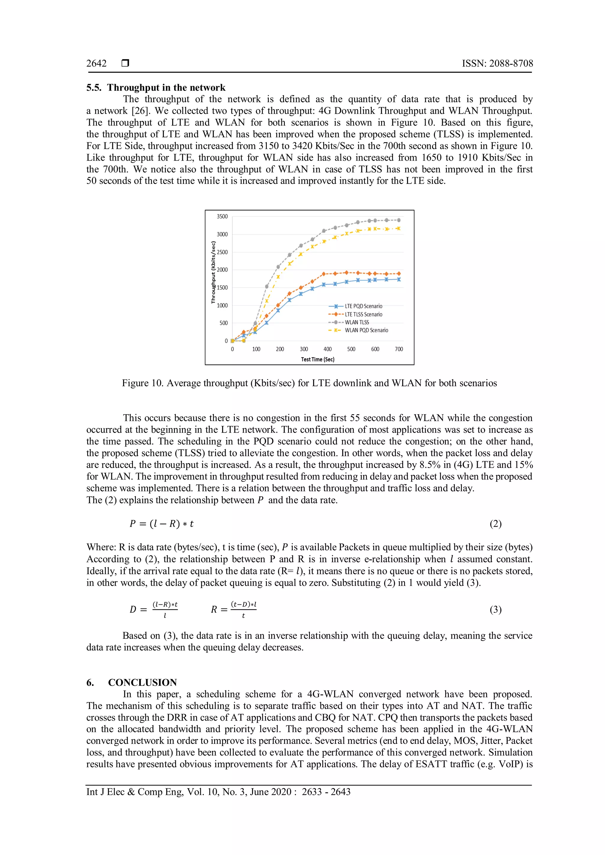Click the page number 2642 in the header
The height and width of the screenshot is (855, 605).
point(97,64)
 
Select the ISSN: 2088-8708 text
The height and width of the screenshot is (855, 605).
point(497,64)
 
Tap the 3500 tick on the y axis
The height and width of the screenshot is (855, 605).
point(222,217)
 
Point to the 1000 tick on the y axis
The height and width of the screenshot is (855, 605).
point(222,305)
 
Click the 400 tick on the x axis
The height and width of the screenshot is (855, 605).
point(327,349)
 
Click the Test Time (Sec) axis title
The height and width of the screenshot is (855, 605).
point(317,359)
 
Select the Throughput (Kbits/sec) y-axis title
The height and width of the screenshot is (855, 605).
point(214,272)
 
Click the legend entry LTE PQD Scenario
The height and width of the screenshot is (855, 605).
point(363,306)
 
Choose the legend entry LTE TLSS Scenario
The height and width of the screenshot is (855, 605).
point(363,314)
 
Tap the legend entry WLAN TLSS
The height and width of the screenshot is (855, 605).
point(357,322)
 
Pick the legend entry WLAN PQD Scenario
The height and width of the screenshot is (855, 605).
point(366,330)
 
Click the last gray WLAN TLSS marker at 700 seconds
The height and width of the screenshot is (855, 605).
point(399,220)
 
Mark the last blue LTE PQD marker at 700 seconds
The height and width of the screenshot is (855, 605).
point(399,279)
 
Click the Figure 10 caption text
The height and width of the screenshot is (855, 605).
point(309,383)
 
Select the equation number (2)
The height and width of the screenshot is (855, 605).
point(495,524)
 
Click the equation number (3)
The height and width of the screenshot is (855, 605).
point(495,610)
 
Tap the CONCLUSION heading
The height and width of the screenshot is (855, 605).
point(142,683)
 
